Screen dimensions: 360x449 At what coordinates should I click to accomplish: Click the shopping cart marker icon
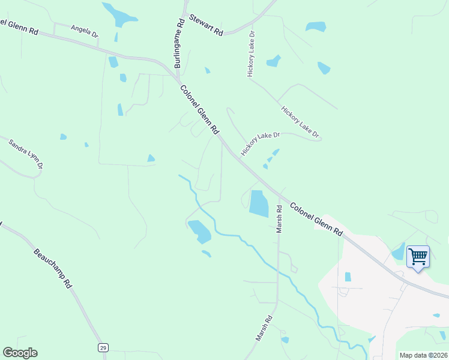(418, 257)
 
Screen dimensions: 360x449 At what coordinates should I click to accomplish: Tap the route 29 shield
(103, 347)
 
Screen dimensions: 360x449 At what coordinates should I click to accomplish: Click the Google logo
(20, 353)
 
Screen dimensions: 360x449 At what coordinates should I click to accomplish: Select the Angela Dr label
(84, 31)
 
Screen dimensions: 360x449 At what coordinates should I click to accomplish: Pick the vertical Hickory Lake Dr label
(252, 53)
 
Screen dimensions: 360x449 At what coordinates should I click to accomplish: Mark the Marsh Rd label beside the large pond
(279, 220)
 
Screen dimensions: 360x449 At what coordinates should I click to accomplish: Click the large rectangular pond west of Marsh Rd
(259, 203)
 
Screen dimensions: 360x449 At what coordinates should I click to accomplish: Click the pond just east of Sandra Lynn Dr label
(63, 137)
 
